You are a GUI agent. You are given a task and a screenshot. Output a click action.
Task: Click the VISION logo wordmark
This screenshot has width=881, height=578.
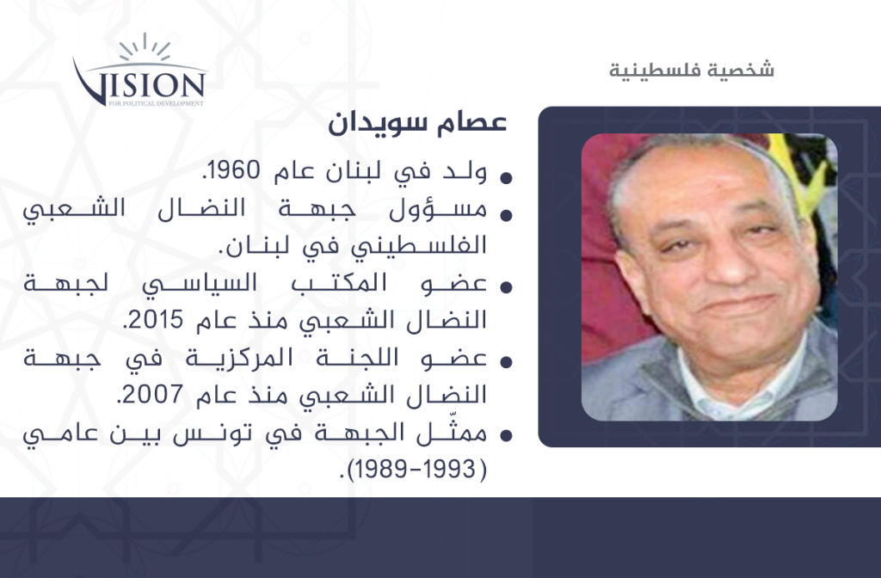(x=139, y=84)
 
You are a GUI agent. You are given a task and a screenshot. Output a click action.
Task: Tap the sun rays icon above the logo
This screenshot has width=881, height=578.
(x=145, y=46)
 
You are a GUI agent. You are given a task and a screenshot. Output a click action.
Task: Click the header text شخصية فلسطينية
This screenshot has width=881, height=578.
(x=692, y=70)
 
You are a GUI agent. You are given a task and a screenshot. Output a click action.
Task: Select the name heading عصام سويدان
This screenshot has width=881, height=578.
(x=417, y=122)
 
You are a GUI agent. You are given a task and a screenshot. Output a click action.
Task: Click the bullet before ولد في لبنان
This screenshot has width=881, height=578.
(x=506, y=178)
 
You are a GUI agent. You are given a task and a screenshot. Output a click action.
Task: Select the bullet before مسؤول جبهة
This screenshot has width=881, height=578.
(x=506, y=215)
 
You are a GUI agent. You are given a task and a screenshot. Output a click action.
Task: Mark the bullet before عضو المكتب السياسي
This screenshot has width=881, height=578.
(x=506, y=287)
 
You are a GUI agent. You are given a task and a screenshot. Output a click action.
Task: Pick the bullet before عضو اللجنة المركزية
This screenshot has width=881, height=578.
(x=506, y=362)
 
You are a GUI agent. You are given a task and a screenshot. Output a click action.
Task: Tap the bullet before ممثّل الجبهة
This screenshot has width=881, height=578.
(x=506, y=435)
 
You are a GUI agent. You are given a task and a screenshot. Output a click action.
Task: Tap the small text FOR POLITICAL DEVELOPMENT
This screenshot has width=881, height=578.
(x=157, y=103)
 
